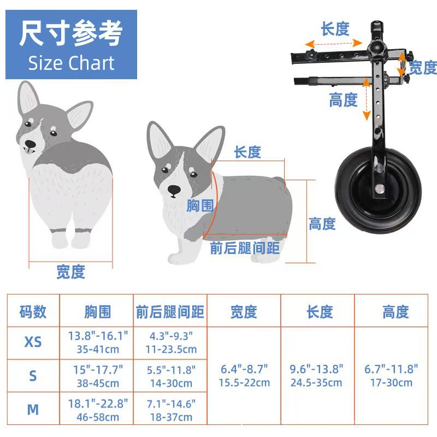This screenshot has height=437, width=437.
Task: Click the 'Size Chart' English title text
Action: click(x=72, y=63)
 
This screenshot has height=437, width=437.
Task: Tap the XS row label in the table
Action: click(x=33, y=342)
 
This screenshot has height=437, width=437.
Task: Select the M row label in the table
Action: click(x=33, y=410)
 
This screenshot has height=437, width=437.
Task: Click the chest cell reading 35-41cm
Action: click(x=98, y=349)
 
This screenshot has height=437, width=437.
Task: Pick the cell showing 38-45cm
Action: click(x=98, y=383)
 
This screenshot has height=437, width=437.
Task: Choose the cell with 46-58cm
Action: click(x=98, y=417)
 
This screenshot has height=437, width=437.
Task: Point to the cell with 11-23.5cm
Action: click(x=171, y=349)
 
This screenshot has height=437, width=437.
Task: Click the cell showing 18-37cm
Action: click(x=171, y=417)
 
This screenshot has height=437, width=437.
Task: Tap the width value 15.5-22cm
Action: click(x=244, y=383)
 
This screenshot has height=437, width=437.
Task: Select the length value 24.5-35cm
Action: click(x=316, y=383)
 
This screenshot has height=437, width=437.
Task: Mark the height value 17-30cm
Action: click(x=391, y=383)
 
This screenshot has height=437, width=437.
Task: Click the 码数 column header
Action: click(x=33, y=311)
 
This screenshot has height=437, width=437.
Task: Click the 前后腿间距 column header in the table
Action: click(x=170, y=311)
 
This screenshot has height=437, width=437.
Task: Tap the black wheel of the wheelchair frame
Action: click(x=378, y=190)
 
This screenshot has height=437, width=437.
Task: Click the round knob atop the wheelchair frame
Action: click(x=375, y=48)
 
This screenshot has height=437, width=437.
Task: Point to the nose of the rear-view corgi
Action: click(x=30, y=144)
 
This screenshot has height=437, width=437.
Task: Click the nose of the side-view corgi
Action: click(x=174, y=190)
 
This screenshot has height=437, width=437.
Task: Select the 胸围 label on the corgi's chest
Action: click(x=200, y=205)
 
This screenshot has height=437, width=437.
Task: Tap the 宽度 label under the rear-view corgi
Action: click(x=71, y=271)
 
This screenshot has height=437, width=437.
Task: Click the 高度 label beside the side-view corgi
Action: click(x=322, y=224)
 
